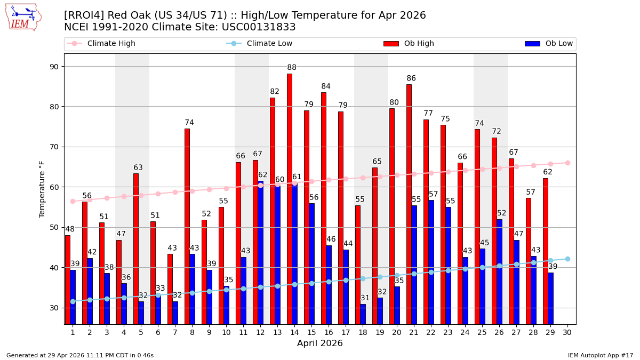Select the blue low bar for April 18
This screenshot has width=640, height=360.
pos(363,314)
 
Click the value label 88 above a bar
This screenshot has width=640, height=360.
pos(292,68)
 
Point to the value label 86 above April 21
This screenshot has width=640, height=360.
pos(411,78)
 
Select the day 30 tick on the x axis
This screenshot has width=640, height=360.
pos(567,332)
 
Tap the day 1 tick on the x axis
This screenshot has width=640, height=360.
pos(73,332)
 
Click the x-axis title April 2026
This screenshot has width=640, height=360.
pos(320,343)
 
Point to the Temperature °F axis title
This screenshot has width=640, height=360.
pos(42,189)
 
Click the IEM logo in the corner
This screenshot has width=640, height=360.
pos(23,17)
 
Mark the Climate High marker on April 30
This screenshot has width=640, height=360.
pos(567,163)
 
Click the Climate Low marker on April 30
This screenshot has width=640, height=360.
pos(567,259)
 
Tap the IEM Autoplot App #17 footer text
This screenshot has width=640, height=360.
pos(600,355)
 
